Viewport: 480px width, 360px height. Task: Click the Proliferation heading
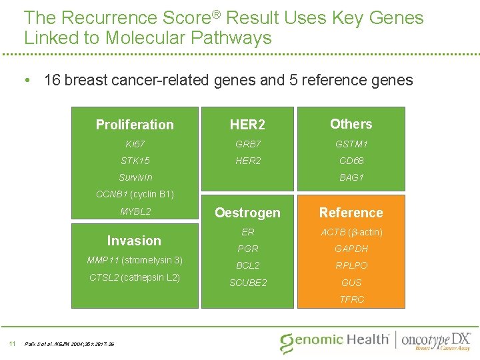[135, 125]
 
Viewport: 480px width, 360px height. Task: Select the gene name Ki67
[135, 144]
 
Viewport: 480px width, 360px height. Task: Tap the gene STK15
[135, 161]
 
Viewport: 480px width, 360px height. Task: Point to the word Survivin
[135, 177]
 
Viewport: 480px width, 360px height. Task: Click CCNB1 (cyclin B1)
[135, 195]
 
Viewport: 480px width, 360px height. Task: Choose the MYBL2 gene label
[135, 212]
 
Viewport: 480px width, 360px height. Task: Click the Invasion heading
[134, 241]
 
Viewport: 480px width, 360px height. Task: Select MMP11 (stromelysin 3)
[135, 260]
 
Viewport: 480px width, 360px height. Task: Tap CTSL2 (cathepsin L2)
[135, 277]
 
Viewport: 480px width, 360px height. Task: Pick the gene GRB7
[247, 144]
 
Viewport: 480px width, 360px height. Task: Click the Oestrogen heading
[247, 213]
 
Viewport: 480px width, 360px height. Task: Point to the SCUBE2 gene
[247, 283]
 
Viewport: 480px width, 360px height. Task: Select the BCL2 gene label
[247, 265]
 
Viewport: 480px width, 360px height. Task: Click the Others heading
[351, 124]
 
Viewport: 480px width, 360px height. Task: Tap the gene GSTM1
[351, 144]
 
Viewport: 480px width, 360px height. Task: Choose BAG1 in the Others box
[351, 177]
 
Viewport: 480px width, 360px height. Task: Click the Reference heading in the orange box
[351, 213]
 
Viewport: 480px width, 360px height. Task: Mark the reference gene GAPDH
[351, 249]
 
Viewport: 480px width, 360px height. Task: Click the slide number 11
[11, 343]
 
